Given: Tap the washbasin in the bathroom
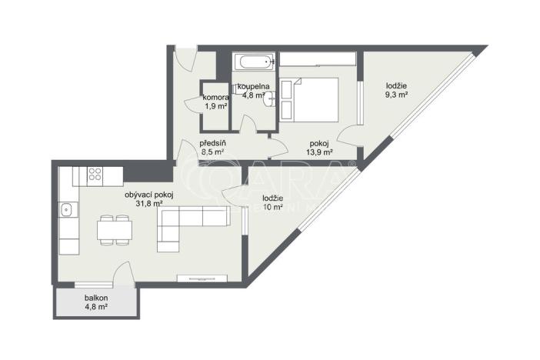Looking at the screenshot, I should point(266,98).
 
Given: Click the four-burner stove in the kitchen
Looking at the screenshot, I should point(95,175).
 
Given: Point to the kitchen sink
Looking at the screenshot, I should point(67,208).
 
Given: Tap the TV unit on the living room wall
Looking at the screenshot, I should point(202,278).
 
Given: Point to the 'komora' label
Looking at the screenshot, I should point(215,98).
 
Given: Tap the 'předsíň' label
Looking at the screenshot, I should point(212,143).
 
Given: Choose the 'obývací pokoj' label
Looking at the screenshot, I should point(149,195).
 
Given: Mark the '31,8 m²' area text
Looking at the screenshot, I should point(149,204).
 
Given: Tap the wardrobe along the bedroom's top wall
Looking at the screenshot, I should point(315,59).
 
